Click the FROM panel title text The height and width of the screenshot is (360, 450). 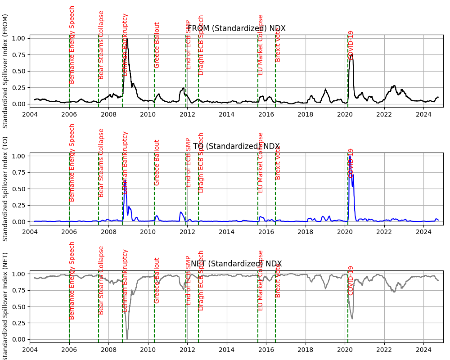click(x=236, y=29)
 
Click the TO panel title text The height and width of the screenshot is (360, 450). click(x=236, y=146)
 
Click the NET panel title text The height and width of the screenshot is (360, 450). click(x=236, y=264)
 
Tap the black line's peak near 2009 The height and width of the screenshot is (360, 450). click(x=127, y=39)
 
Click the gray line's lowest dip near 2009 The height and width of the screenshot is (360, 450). click(x=127, y=338)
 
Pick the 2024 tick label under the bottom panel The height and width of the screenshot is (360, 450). click(x=423, y=349)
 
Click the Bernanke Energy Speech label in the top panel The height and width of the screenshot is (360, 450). click(x=72, y=45)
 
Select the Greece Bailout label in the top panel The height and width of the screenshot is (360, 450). click(x=157, y=45)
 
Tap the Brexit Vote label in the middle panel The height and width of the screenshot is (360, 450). click(x=278, y=162)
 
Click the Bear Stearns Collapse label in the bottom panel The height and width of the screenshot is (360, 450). click(x=101, y=280)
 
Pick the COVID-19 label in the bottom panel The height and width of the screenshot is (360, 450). click(x=351, y=280)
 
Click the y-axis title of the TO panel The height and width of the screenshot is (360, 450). click(x=6, y=189)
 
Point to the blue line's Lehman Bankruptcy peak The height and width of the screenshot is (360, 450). click(x=125, y=181)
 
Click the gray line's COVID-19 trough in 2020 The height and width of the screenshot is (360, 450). click(x=352, y=319)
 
